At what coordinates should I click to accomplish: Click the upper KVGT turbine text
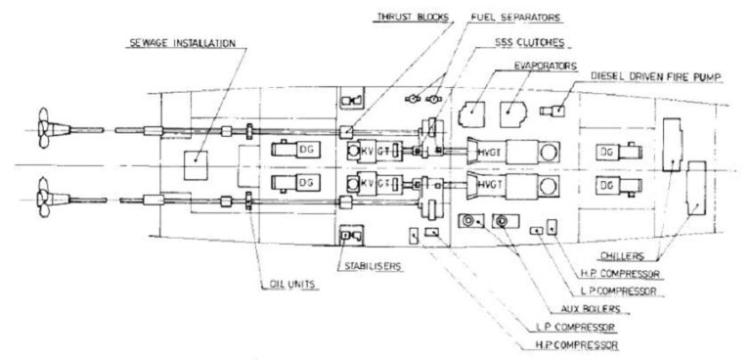371,151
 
